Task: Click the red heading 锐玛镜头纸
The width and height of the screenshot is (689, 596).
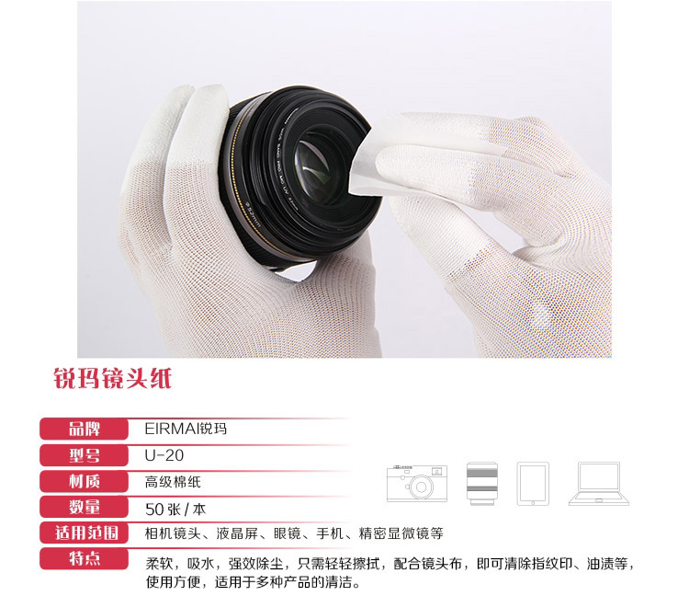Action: click(112, 378)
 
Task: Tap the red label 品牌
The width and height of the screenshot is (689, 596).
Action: click(85, 428)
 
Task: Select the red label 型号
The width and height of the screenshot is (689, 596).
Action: click(85, 454)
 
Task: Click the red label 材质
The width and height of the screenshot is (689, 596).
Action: click(85, 480)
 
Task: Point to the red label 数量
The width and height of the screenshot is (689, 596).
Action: click(85, 506)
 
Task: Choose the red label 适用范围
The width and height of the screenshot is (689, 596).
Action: click(85, 532)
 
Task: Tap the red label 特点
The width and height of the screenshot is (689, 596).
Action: click(85, 558)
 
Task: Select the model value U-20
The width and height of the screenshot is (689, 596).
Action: click(159, 454)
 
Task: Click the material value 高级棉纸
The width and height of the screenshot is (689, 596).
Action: click(173, 481)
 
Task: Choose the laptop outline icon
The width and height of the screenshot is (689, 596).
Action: click(599, 484)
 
